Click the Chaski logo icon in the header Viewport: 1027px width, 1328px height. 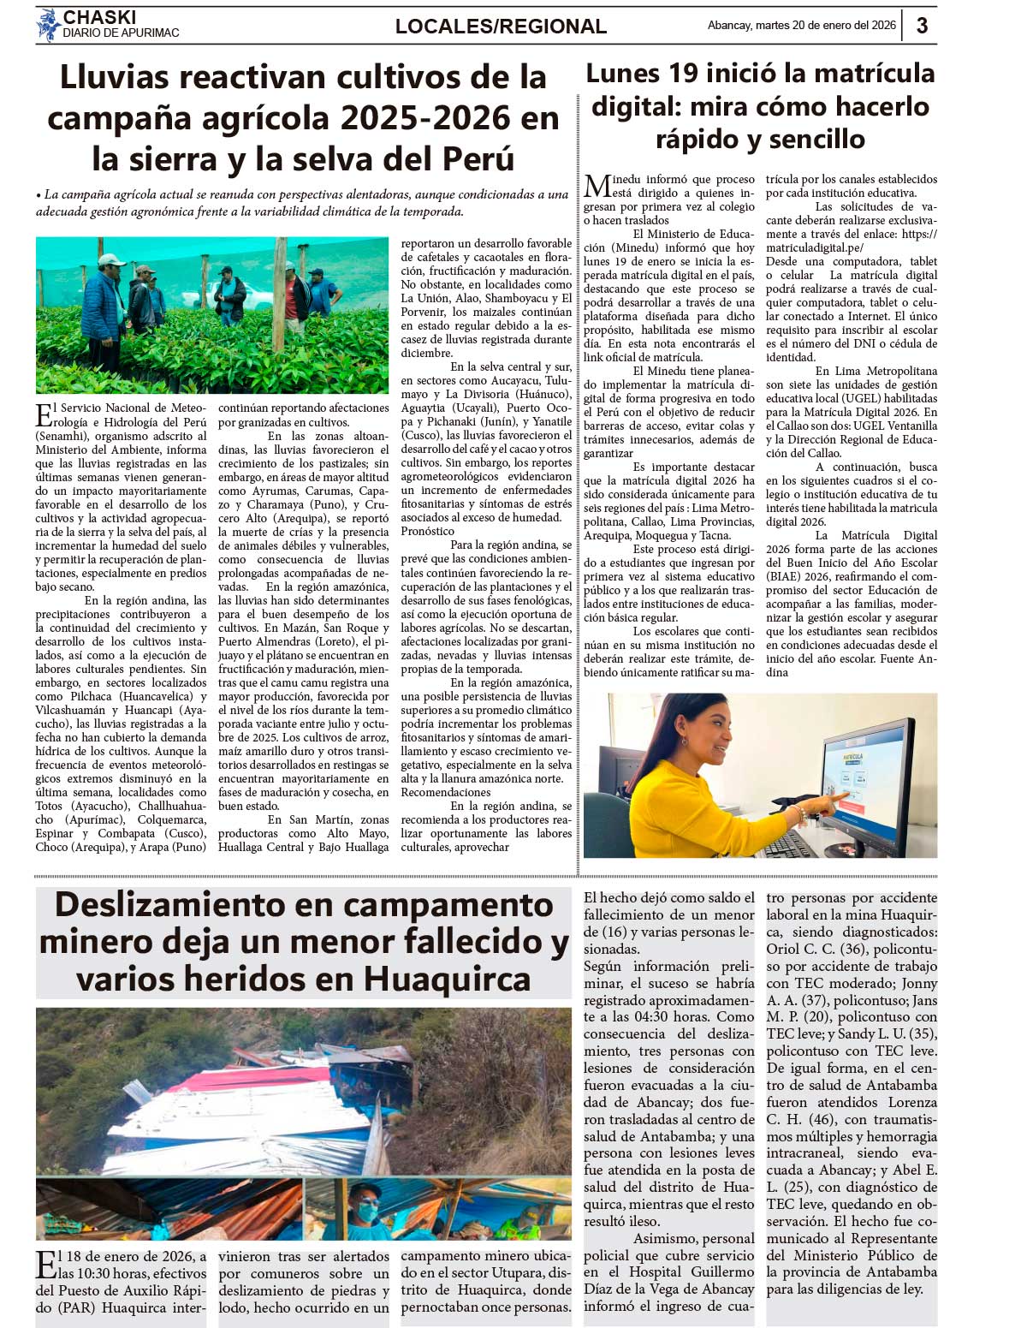[x=48, y=25]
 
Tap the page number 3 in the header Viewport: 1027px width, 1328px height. [x=922, y=25]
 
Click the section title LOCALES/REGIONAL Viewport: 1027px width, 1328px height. [x=501, y=27]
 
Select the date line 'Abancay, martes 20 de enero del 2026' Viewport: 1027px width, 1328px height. [x=801, y=26]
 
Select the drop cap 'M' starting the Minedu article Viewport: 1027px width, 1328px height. [x=597, y=186]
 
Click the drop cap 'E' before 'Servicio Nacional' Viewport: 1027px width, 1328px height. [x=44, y=414]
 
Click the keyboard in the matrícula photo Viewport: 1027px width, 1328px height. [x=792, y=843]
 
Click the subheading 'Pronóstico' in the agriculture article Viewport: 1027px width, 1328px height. [x=428, y=531]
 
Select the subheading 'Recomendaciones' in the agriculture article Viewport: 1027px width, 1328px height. [x=446, y=792]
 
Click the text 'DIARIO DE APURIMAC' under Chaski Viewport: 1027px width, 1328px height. [x=121, y=33]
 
